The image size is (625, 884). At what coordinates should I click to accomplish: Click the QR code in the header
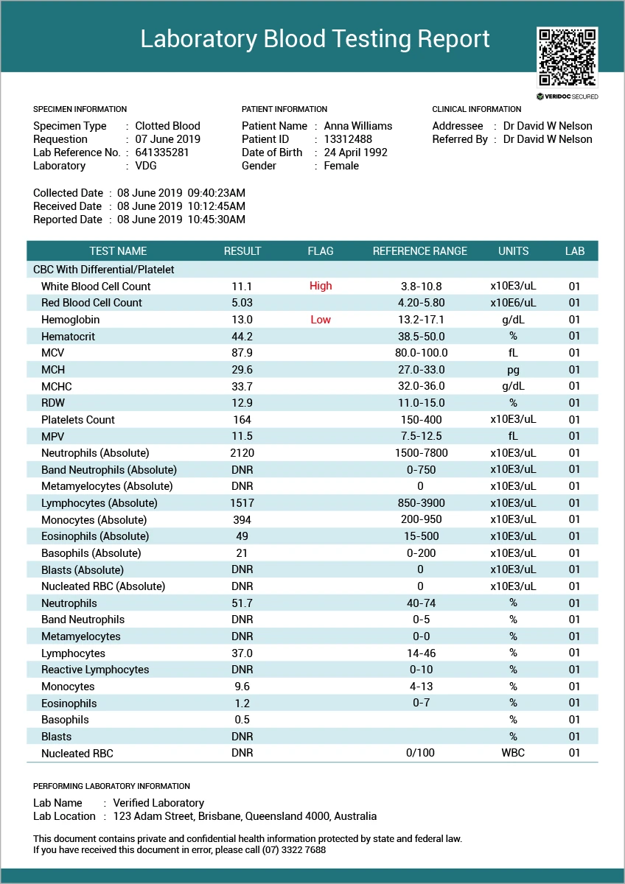(x=568, y=57)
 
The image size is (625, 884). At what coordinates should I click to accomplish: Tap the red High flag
(x=321, y=286)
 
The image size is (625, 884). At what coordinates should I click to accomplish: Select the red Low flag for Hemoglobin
(x=321, y=320)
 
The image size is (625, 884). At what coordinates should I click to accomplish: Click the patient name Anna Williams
(x=358, y=126)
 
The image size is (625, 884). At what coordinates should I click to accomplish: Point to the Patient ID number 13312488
(x=348, y=139)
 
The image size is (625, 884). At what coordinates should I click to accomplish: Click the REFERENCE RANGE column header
(x=419, y=251)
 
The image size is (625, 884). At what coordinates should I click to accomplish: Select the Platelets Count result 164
(x=242, y=420)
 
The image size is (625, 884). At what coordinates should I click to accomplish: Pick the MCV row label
(x=53, y=353)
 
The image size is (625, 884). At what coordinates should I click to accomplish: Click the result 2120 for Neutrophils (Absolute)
(x=242, y=453)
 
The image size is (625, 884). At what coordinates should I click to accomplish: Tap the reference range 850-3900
(x=421, y=503)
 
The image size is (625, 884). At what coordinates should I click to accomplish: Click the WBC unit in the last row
(x=513, y=753)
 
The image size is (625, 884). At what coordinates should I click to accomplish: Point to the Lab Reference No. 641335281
(x=162, y=152)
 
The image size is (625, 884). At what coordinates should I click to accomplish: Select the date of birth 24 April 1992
(x=355, y=152)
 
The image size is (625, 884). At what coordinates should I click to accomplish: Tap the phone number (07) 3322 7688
(x=295, y=849)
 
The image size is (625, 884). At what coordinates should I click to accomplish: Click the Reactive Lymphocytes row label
(x=95, y=670)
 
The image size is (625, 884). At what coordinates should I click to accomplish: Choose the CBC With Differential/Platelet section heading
(x=104, y=270)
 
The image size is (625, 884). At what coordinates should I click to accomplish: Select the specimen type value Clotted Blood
(x=167, y=126)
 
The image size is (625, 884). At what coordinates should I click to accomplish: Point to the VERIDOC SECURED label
(x=568, y=97)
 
